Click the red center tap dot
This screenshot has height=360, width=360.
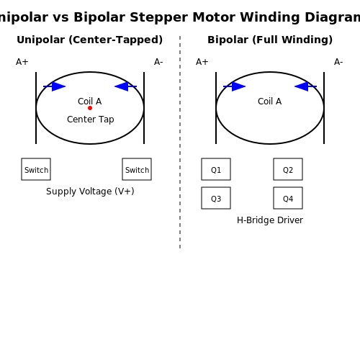coord(90,108)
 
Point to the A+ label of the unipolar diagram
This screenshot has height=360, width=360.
coord(22,62)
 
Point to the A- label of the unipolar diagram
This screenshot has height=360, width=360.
coord(158,62)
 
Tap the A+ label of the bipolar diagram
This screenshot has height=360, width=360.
coord(202,62)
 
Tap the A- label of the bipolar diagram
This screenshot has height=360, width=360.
coord(338,62)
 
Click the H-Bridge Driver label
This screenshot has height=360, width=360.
coord(270,220)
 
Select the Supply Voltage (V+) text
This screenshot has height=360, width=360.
coord(90,192)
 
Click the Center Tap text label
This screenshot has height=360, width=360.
coord(91,120)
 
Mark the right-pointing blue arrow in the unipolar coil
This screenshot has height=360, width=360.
coord(55,86)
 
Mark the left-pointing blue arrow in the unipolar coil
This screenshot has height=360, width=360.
coord(125,86)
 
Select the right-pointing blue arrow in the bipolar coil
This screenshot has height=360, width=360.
coord(235,86)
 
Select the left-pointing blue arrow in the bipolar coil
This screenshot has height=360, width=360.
coord(305,86)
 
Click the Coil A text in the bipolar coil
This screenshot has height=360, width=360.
coord(270,102)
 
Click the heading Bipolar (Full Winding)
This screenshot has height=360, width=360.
coord(270,40)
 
